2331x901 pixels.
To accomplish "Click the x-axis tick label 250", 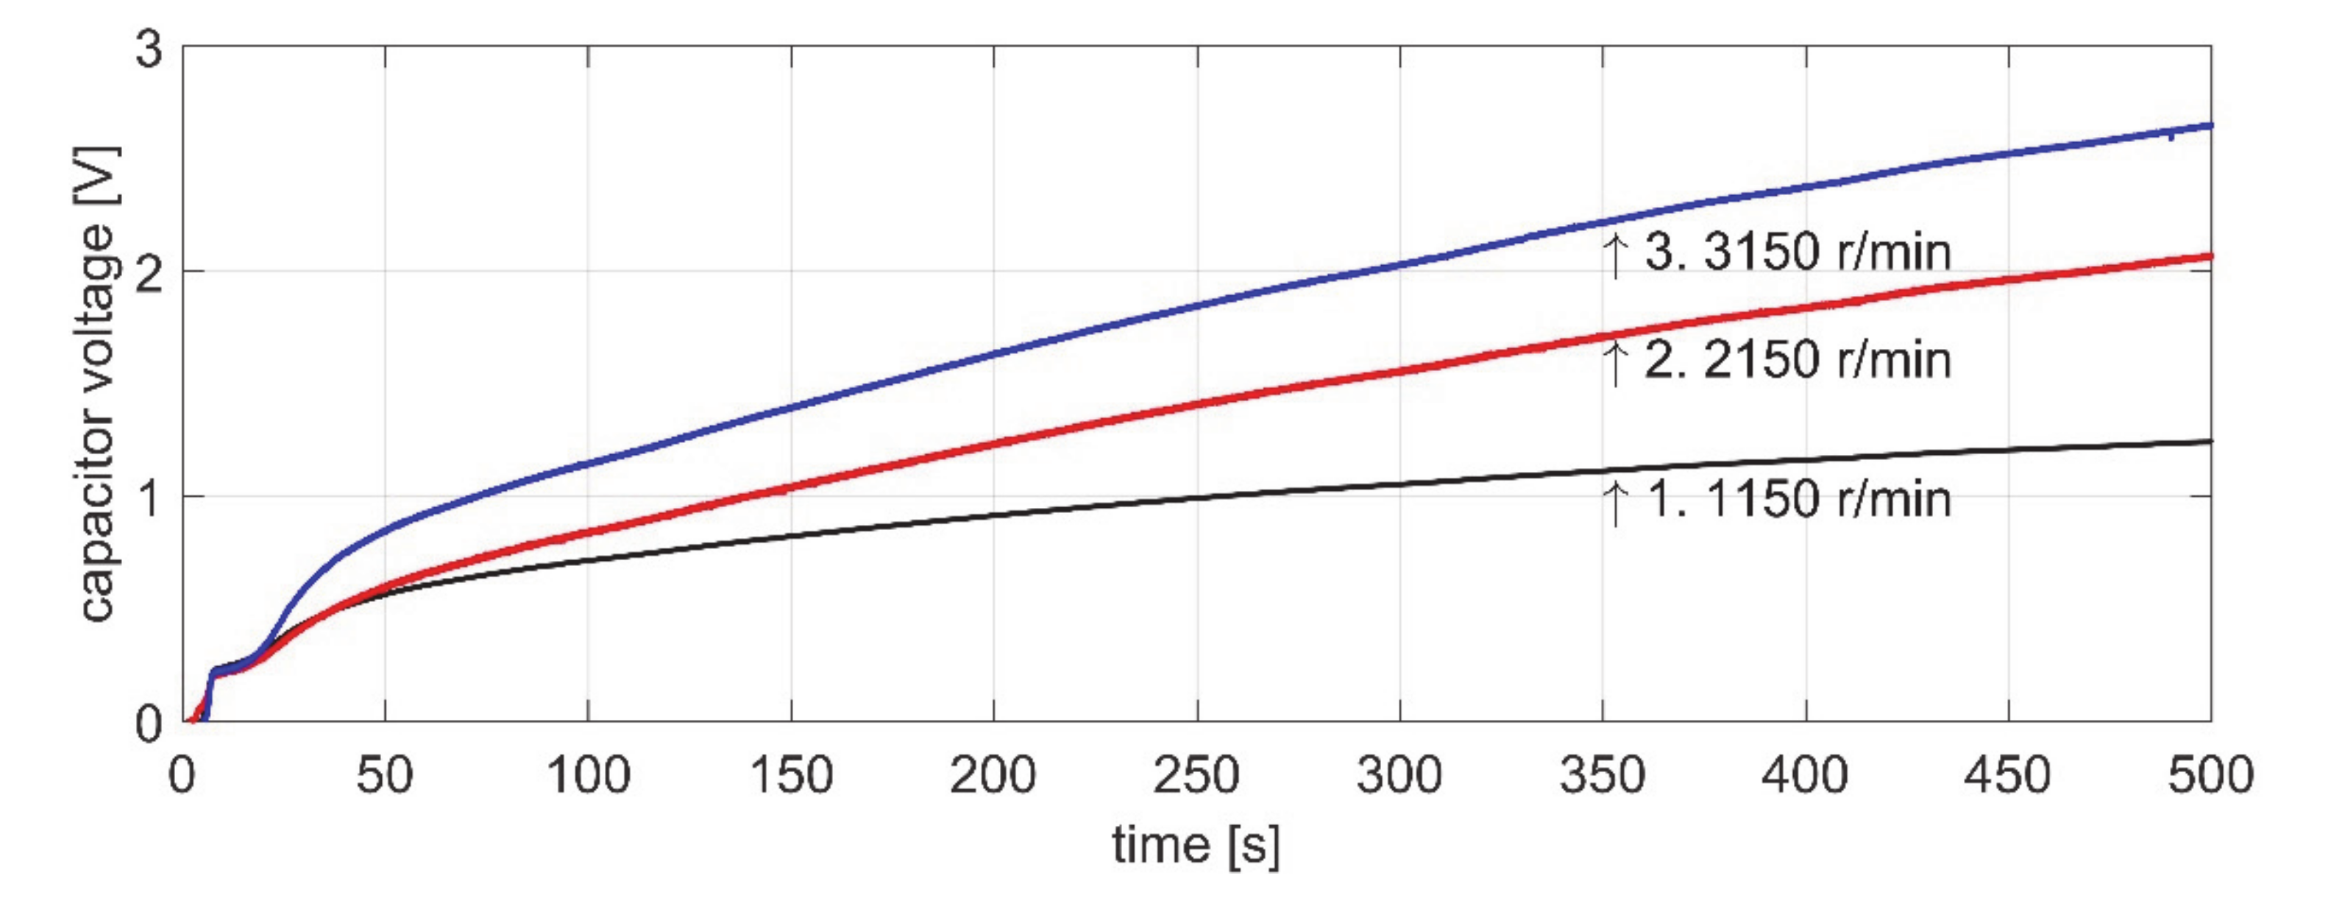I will [x=1196, y=776].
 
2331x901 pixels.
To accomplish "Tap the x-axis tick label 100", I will [x=588, y=776].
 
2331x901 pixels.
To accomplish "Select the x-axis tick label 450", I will [x=2008, y=776].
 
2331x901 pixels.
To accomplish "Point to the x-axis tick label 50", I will [x=385, y=776].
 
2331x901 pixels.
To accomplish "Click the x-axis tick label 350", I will [x=1603, y=776].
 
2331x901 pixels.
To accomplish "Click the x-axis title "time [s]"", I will [x=1196, y=846].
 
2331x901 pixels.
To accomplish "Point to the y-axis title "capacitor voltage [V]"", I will [x=98, y=384].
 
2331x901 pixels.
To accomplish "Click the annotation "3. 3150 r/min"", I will [x=1797, y=252].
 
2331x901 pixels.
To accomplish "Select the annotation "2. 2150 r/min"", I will [x=1797, y=361].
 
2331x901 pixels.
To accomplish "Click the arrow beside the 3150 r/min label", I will [x=1614, y=255].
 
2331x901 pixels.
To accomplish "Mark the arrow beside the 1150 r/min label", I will [x=1614, y=504].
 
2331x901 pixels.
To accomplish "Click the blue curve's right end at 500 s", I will [x=2209, y=125].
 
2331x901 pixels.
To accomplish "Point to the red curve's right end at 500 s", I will [x=2209, y=257].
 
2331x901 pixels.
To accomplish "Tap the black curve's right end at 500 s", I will [x=2209, y=441].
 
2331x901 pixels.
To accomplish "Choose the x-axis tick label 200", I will [x=993, y=776].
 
